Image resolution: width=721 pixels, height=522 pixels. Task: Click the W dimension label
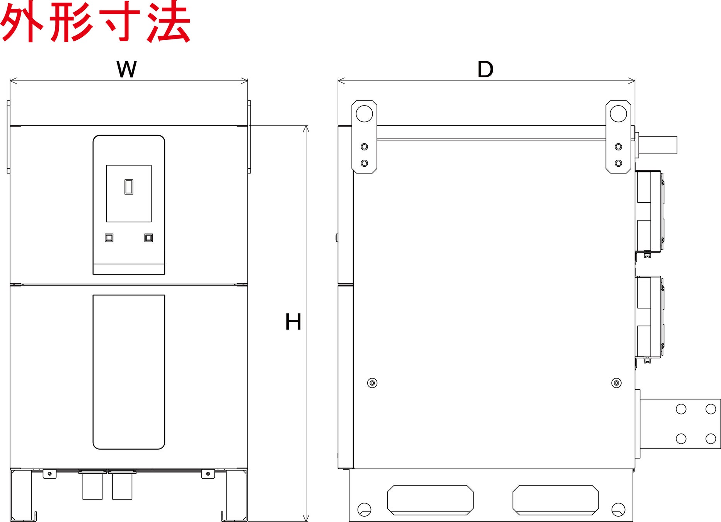(x=126, y=70)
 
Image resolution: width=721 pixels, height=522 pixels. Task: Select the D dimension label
(x=485, y=70)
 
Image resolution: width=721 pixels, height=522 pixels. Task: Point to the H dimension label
(x=293, y=322)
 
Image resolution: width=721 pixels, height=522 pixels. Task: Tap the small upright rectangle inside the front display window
(x=129, y=187)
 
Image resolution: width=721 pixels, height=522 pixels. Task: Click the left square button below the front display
(x=109, y=237)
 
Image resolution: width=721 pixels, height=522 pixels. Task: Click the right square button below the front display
(x=148, y=237)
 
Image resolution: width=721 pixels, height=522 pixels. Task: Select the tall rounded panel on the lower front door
(x=129, y=372)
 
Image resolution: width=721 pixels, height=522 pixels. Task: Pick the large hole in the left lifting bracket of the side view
(x=364, y=114)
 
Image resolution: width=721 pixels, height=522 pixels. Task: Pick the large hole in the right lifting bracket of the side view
(x=618, y=114)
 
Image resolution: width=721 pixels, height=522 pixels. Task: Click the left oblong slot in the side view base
(x=430, y=500)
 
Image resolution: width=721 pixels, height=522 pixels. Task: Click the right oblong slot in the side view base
(x=556, y=500)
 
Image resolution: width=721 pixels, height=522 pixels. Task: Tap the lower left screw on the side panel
(x=372, y=383)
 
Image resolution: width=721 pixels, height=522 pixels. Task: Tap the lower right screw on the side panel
(x=617, y=383)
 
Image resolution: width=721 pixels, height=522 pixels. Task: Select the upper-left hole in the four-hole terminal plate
(x=681, y=409)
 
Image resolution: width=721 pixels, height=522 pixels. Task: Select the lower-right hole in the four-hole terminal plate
(x=711, y=438)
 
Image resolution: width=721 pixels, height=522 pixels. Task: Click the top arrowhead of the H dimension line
(x=306, y=128)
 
